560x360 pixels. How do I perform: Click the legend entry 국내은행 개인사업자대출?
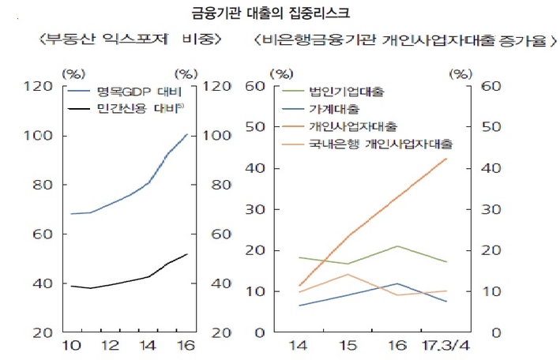381,144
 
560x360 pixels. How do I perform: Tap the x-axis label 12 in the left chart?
110,345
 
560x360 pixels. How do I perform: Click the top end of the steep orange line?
447,159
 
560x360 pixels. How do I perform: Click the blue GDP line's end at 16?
187,134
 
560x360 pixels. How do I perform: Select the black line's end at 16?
187,254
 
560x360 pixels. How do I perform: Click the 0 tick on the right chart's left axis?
258,332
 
